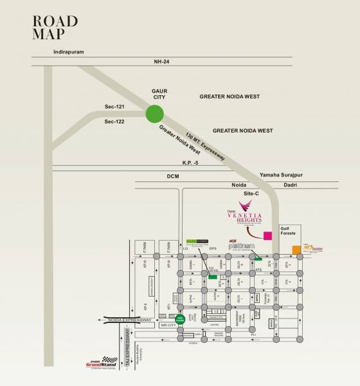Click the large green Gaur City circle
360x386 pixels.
tap(154, 115)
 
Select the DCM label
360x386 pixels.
tap(172, 176)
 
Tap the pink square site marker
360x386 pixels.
tap(267, 235)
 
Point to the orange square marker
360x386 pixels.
tap(296, 250)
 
